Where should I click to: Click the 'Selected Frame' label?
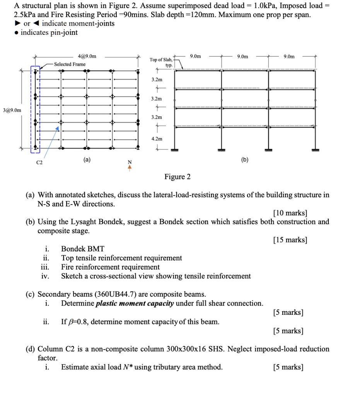click(70, 64)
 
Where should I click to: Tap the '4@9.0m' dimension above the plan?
click(87, 56)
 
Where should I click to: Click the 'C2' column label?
click(39, 163)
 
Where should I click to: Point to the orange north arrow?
click(130, 167)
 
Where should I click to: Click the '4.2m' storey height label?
click(157, 138)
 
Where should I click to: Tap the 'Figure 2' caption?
click(177, 177)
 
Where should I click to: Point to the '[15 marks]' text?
click(290, 240)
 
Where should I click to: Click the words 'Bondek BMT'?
click(83, 249)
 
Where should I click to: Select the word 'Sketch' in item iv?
click(72, 276)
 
